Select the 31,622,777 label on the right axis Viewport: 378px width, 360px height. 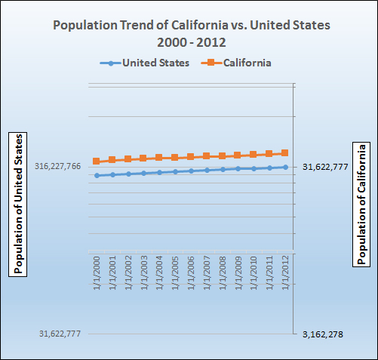pyautogui.click(x=325, y=167)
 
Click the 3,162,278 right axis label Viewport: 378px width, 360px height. pyautogui.click(x=322, y=334)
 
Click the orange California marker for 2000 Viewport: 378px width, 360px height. pyautogui.click(x=97, y=162)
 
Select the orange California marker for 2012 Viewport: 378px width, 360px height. pyautogui.click(x=285, y=153)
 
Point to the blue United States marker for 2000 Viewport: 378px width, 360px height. pyautogui.click(x=97, y=175)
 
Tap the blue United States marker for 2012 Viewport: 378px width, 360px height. pyautogui.click(x=285, y=167)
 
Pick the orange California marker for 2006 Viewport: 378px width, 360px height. pyautogui.click(x=191, y=157)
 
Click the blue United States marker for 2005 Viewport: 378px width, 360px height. pyautogui.click(x=175, y=171)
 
